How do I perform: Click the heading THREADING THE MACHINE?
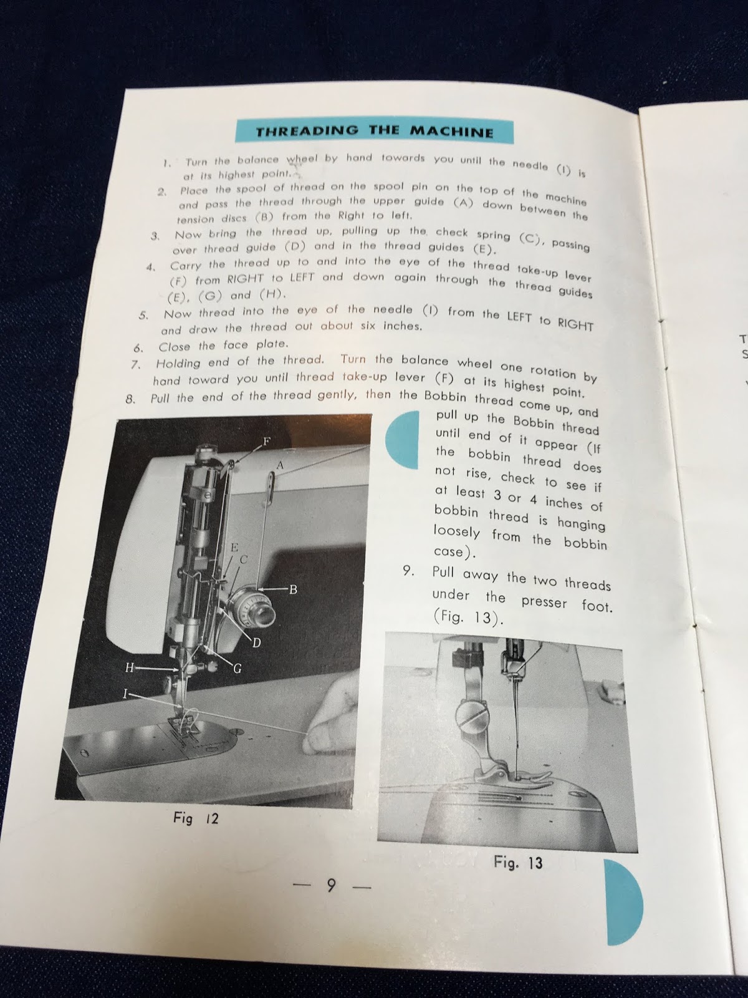pos(375,131)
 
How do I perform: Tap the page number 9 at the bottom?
pos(331,884)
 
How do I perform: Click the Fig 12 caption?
pos(196,818)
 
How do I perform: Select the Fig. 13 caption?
pos(517,863)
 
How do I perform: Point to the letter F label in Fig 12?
pos(266,442)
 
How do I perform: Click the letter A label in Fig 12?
pos(280,465)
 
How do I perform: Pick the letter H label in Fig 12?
pos(130,667)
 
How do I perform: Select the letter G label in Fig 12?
pos(237,670)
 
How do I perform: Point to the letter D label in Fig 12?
pos(256,643)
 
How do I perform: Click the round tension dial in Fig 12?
pos(250,606)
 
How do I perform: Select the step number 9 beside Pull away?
pos(408,571)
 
